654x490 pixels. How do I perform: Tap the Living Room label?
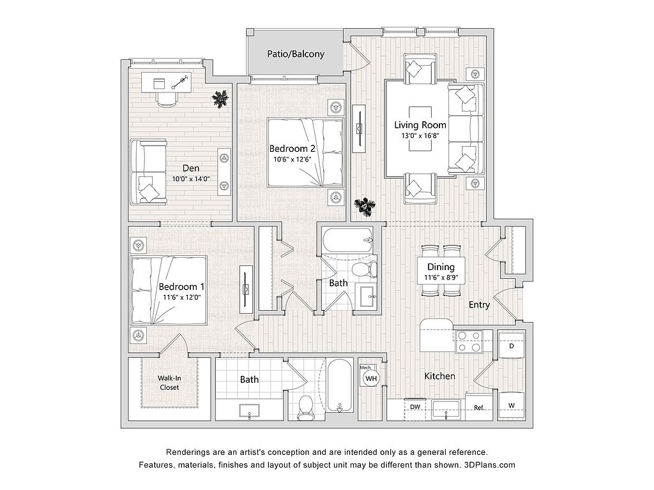(x=420, y=125)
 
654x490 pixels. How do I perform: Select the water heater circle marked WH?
(x=370, y=379)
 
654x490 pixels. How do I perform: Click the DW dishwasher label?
(x=415, y=407)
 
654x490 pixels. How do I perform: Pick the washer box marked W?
(x=511, y=405)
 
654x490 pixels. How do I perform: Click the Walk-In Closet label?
(x=169, y=383)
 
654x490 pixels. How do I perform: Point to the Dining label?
(x=441, y=267)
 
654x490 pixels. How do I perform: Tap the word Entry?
(x=479, y=305)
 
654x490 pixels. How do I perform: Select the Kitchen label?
(x=440, y=376)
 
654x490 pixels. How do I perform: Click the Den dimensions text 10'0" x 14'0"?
(x=191, y=179)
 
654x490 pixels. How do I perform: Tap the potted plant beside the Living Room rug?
(x=365, y=205)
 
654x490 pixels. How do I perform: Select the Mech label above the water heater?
(x=365, y=368)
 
